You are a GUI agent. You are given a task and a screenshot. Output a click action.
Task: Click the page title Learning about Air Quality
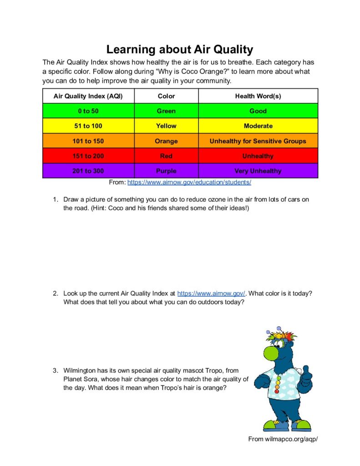[180, 49]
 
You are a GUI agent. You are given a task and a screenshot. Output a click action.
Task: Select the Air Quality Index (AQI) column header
[88, 96]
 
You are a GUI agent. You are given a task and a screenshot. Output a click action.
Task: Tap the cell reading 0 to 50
[88, 111]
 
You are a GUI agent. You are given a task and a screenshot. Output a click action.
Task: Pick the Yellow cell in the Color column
[166, 126]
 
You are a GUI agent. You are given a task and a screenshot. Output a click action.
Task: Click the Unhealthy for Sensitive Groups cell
[258, 141]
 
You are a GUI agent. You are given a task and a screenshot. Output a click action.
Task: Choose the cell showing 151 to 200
[88, 156]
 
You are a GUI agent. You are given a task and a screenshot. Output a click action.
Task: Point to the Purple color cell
[166, 171]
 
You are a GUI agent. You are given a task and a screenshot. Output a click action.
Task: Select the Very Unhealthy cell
[258, 171]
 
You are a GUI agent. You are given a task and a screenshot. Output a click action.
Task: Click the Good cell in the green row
[258, 111]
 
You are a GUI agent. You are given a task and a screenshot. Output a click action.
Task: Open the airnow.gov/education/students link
[189, 182]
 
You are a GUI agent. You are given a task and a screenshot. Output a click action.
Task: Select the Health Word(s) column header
[258, 96]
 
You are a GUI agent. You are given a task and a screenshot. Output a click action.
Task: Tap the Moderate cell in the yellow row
[258, 126]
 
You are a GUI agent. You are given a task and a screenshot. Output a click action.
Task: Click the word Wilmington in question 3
[80, 370]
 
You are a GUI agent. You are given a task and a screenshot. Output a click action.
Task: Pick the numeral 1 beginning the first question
[54, 199]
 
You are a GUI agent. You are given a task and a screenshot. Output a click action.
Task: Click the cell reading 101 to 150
[88, 141]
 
